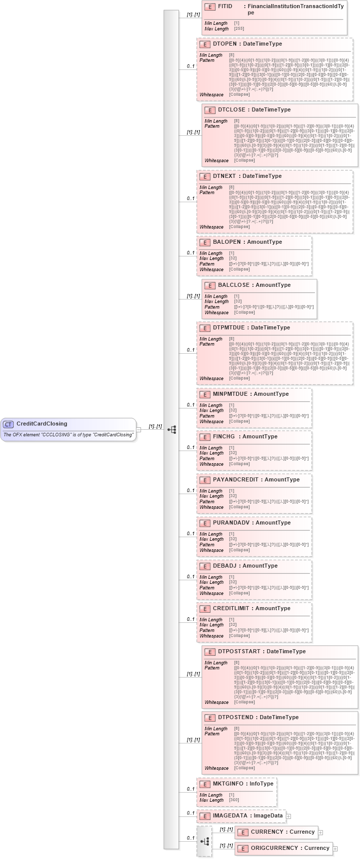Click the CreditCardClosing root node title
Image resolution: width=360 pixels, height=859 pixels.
(42, 424)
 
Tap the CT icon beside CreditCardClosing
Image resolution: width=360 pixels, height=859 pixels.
(8, 424)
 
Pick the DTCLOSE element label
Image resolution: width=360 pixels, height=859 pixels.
(232, 110)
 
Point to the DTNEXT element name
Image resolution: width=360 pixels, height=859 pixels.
(225, 176)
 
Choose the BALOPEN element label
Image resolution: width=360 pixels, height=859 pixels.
(227, 242)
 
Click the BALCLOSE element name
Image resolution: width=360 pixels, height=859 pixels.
(234, 285)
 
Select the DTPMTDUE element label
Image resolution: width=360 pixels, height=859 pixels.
(229, 328)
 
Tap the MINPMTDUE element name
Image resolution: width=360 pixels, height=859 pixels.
(230, 394)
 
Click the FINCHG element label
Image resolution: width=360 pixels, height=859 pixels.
(224, 437)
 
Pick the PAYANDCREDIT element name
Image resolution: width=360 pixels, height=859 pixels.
(235, 480)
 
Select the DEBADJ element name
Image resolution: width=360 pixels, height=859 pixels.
(225, 566)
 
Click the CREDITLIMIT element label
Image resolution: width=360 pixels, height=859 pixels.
(231, 609)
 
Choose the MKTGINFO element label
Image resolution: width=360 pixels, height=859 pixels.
(228, 784)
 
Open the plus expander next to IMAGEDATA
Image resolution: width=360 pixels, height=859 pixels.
(289, 816)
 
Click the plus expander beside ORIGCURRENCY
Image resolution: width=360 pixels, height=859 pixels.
(335, 848)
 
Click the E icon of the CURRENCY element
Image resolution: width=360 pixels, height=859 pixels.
(243, 832)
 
